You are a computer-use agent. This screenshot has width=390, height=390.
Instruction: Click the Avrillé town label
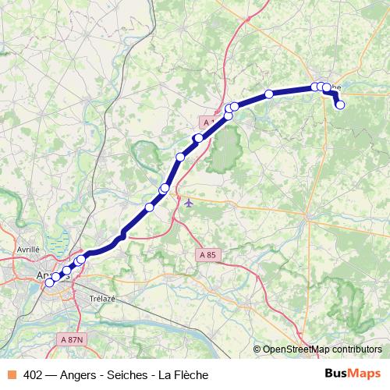[x=28, y=249]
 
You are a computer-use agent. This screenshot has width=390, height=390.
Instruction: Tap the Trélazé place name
[x=102, y=297]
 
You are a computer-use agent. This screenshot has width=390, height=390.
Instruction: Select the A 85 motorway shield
[x=207, y=254]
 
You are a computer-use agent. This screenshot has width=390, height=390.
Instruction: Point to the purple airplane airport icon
[x=190, y=202]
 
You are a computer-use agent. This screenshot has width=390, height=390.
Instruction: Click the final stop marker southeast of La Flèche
[x=340, y=105]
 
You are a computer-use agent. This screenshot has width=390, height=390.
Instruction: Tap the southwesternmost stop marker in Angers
[x=49, y=282]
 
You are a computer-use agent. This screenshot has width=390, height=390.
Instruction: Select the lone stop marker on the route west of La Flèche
[x=269, y=94]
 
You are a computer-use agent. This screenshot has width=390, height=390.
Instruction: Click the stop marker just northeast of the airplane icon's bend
[x=180, y=157]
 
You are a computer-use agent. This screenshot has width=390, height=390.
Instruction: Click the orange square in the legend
[x=11, y=375]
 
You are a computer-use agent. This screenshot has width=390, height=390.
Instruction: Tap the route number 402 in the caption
[x=33, y=375]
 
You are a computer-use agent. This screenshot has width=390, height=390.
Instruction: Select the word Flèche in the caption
[x=193, y=375]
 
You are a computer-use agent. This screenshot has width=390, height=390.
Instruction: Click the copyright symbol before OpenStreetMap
[x=257, y=349]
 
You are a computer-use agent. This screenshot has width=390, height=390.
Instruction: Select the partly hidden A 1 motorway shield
[x=207, y=122]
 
